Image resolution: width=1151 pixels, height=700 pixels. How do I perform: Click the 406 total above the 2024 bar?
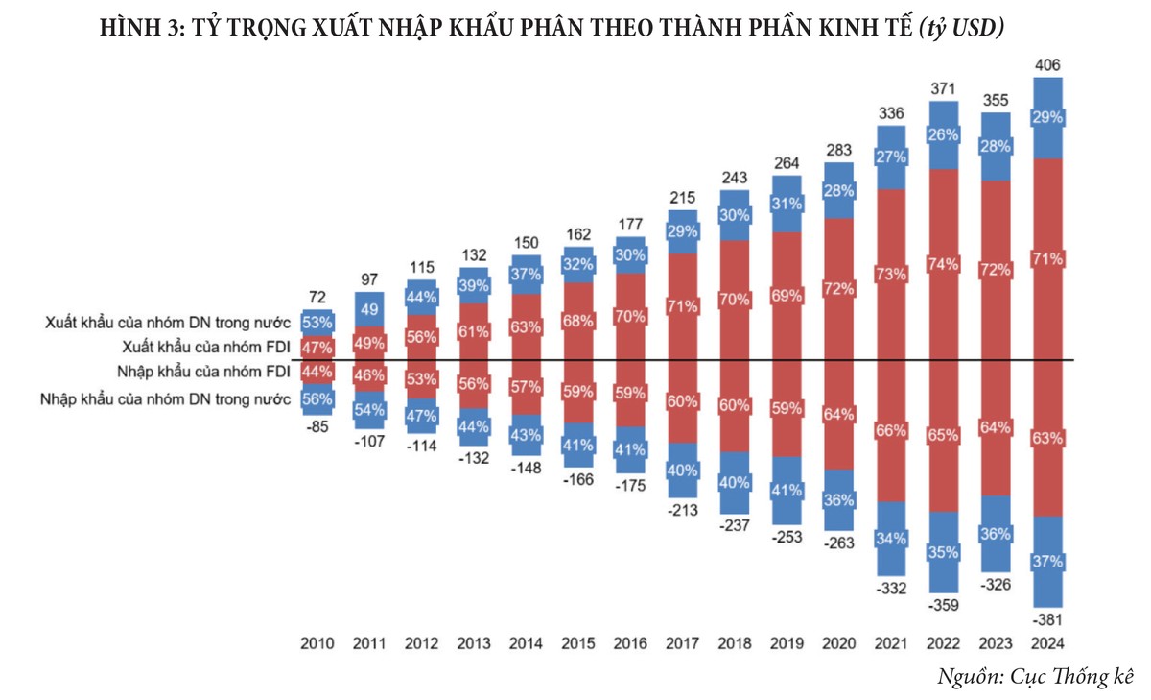[1048, 66]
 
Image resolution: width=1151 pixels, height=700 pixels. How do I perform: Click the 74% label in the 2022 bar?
[944, 263]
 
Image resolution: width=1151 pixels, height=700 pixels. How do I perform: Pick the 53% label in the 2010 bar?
[317, 321]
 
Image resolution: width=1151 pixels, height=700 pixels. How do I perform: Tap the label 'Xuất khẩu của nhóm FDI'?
[205, 346]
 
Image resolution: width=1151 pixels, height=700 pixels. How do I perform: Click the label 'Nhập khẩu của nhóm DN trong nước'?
[166, 398]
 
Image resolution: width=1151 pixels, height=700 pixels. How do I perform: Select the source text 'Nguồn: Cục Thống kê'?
[1036, 675]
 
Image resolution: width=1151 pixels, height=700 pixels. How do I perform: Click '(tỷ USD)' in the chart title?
[961, 28]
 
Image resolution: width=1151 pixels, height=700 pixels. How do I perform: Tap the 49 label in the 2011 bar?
[369, 309]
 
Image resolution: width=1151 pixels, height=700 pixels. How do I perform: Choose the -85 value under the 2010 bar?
[317, 427]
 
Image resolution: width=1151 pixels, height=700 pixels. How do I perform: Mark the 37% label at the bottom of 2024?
[1048, 561]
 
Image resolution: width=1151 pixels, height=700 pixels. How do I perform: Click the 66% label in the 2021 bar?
[891, 431]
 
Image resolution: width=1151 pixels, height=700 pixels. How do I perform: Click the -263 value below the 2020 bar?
[838, 543]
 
